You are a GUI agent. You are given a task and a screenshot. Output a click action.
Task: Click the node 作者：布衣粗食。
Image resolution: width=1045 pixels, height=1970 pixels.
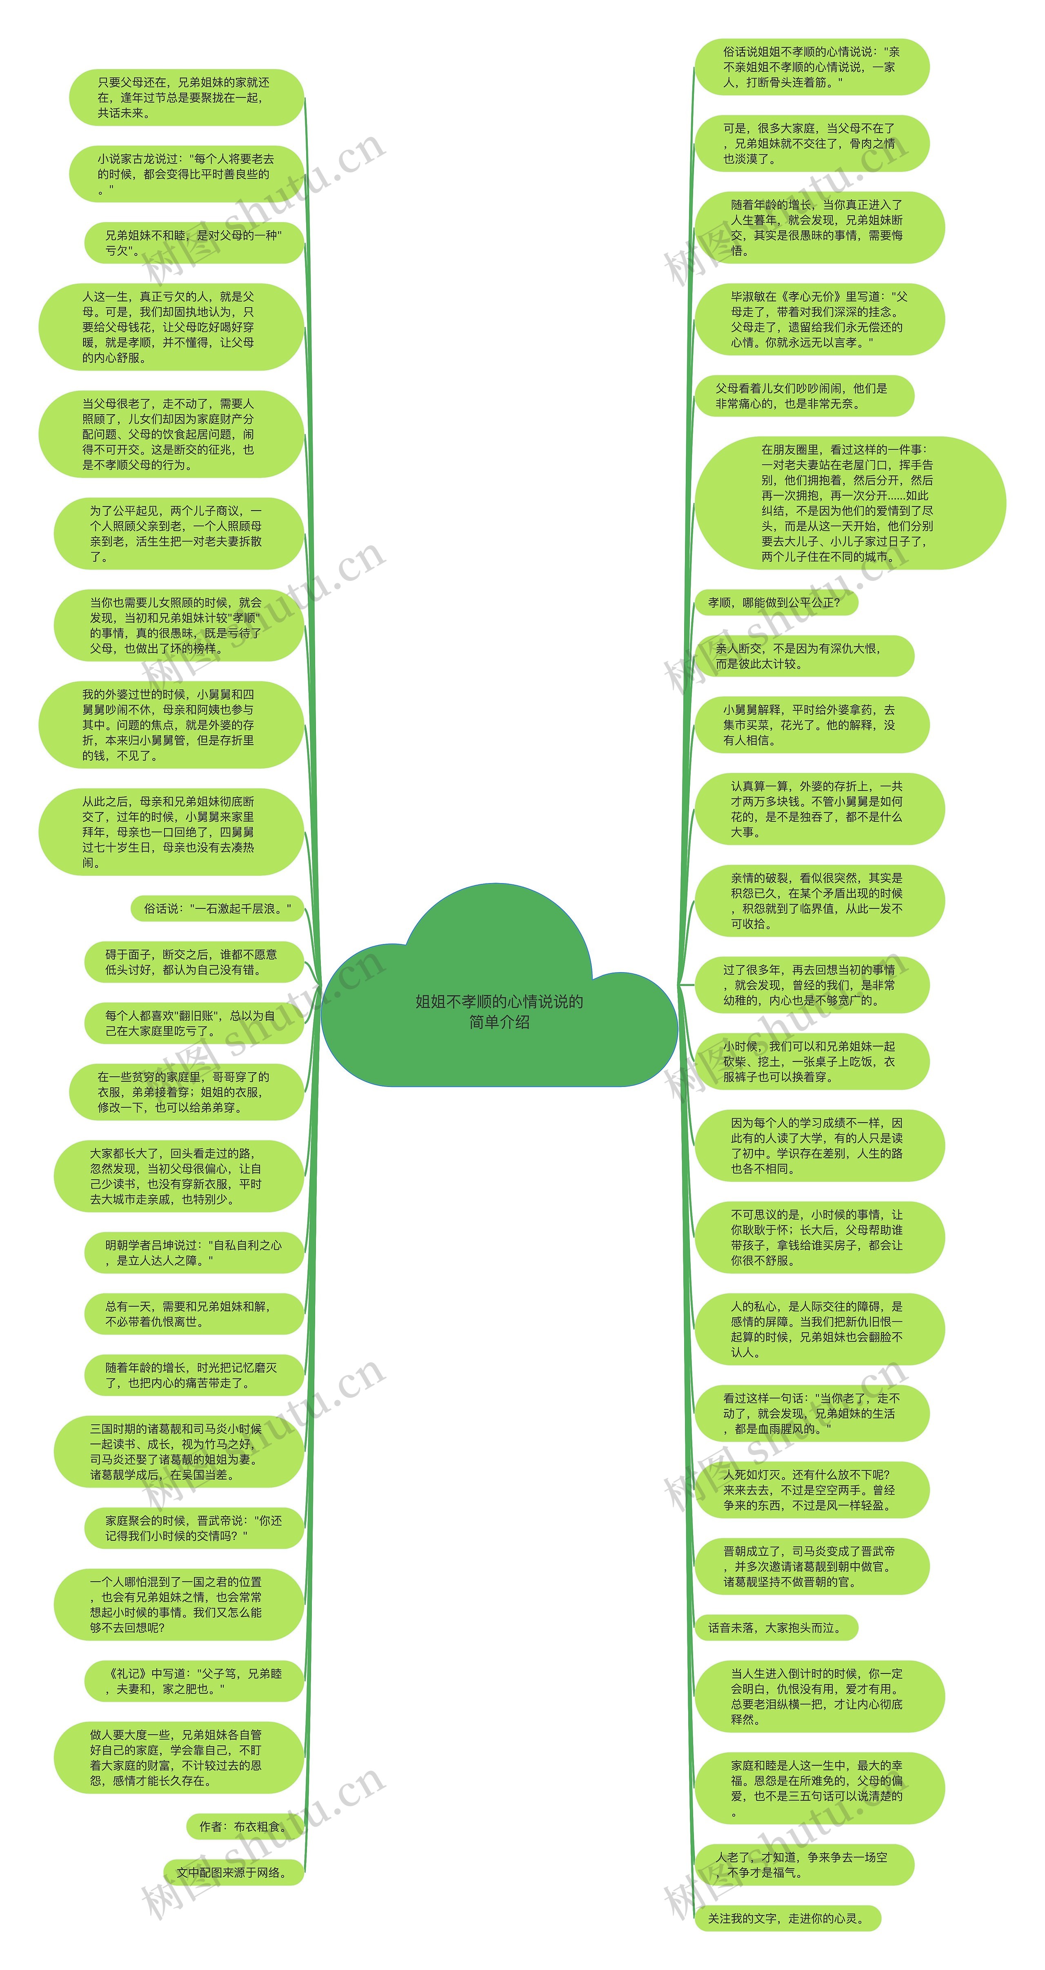pyautogui.click(x=245, y=1826)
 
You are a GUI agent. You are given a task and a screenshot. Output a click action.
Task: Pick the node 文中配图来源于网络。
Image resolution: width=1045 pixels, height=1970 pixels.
pyautogui.click(x=233, y=1872)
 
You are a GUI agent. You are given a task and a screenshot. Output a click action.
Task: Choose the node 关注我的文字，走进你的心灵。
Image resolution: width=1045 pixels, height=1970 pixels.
pyautogui.click(x=787, y=1918)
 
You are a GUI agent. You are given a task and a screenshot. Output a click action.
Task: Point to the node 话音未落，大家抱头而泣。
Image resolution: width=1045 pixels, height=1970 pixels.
pyautogui.click(x=776, y=1627)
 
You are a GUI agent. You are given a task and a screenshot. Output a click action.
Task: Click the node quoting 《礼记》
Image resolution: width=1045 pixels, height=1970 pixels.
pyautogui.click(x=193, y=1681)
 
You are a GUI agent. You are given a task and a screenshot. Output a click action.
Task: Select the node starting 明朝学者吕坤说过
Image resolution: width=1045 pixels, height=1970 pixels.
pyautogui.click(x=193, y=1253)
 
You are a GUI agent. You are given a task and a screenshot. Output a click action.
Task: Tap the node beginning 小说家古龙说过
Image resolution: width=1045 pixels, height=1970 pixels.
pyautogui.click(x=186, y=174)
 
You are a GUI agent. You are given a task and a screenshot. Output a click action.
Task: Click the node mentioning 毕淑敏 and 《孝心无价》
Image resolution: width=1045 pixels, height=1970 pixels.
pyautogui.click(x=819, y=320)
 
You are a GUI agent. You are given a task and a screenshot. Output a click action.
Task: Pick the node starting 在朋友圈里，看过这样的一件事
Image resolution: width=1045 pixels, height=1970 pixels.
pyautogui.click(x=849, y=503)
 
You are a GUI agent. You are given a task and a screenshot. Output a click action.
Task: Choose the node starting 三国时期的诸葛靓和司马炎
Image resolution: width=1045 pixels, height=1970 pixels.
pyautogui.click(x=178, y=1452)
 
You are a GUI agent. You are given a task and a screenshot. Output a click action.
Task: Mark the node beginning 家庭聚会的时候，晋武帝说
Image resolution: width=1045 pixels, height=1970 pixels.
pyautogui.click(x=193, y=1528)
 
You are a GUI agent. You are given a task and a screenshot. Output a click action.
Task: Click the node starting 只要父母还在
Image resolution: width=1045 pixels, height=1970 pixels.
pyautogui.click(x=186, y=98)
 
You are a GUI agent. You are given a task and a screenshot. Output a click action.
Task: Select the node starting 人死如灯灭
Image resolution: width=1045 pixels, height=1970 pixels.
pyautogui.click(x=811, y=1490)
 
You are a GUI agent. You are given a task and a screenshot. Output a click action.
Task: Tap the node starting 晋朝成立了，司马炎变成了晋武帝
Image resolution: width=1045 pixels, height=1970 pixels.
pyautogui.click(x=811, y=1566)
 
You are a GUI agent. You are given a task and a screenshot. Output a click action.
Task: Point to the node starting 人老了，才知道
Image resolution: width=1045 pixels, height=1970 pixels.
pyautogui.click(x=803, y=1865)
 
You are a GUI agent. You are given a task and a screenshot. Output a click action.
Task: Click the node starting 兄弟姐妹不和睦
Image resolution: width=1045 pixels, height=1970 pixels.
pyautogui.click(x=193, y=243)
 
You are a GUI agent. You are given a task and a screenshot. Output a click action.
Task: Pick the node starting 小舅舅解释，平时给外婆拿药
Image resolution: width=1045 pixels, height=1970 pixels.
pyautogui.click(x=811, y=725)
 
